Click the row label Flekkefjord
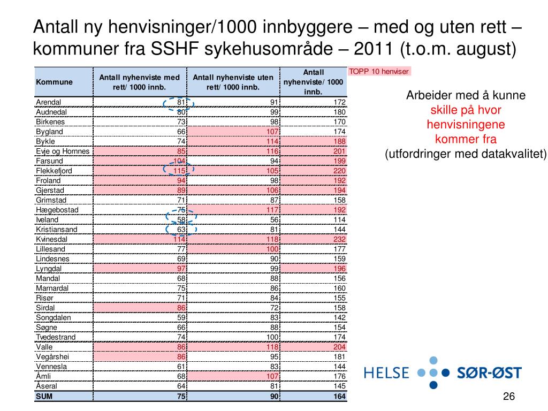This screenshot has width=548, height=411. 54,171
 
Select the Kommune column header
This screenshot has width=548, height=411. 54,82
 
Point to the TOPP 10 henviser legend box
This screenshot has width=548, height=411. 379,72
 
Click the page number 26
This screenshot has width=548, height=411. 508,396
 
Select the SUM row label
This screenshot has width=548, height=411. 42,396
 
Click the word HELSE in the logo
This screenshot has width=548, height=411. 386,373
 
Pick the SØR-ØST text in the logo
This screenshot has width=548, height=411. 489,373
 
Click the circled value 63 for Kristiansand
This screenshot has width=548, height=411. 181,230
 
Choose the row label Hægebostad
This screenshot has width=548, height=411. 57,210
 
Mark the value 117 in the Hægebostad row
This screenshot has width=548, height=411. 272,210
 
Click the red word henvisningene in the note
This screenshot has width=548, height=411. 466,125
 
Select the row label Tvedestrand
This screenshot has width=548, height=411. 56,337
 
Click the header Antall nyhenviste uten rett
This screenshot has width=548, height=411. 233,82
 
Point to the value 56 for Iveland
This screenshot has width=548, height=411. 274,220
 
